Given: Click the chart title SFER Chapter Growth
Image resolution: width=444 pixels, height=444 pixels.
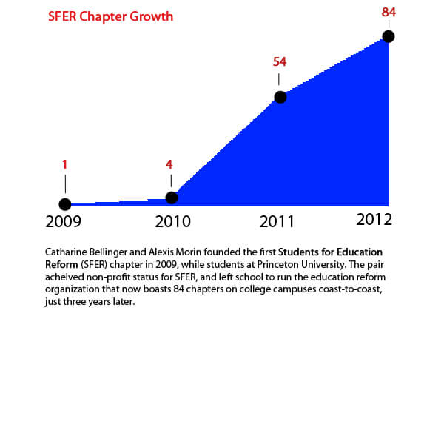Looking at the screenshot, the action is (110, 17).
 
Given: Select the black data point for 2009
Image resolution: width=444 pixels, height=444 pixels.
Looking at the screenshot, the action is (65, 204).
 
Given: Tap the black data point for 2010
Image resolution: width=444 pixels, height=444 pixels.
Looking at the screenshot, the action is (172, 198).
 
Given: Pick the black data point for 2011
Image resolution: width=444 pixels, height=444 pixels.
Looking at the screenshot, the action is (280, 97).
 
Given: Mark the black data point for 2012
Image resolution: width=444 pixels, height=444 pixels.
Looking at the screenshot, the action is (388, 36).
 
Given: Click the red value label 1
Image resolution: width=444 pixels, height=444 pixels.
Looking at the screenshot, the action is (65, 164).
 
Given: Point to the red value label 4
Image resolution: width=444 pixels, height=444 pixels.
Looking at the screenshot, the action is (169, 164).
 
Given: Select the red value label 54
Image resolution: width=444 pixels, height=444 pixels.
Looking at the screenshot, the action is (280, 61).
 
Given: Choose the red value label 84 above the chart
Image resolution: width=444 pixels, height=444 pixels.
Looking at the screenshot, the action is (388, 12).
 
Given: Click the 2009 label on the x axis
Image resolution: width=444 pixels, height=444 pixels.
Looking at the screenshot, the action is (64, 221).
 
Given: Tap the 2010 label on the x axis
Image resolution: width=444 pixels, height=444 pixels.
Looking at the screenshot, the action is (172, 221).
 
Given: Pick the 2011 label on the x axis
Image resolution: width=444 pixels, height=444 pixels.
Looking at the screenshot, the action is (277, 221).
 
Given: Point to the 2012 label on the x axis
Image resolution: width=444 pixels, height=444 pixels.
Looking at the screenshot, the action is (374, 220).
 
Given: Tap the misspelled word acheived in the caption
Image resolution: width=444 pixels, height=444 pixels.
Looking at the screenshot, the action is (64, 277).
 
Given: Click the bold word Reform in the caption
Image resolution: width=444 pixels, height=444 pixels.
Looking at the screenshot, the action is (61, 264).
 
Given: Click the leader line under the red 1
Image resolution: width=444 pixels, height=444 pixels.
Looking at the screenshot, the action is (65, 184).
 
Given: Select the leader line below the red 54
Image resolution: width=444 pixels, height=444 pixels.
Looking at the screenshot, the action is (279, 79).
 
